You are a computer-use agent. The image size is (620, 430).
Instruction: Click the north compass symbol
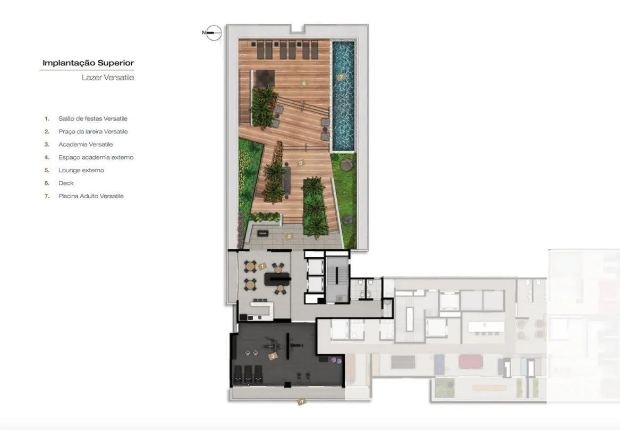[x=213, y=33]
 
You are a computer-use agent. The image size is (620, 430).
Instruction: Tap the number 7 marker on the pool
[x=341, y=77]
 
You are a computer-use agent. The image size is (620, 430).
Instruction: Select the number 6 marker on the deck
[x=304, y=83]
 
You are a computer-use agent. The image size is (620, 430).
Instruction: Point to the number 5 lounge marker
[x=301, y=163]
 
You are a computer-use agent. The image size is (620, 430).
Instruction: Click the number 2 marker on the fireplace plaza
[x=289, y=237]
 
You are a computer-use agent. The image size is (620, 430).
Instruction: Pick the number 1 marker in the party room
[x=261, y=267]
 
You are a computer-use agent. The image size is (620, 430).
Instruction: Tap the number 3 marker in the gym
[x=273, y=356]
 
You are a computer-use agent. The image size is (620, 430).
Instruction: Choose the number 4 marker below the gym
[x=301, y=401]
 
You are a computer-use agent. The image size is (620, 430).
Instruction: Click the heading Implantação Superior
[x=88, y=63]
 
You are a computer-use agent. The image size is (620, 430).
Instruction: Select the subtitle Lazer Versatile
[x=108, y=78]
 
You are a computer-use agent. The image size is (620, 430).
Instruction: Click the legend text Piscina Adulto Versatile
[x=91, y=196]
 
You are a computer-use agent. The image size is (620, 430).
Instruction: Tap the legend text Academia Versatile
[x=86, y=145]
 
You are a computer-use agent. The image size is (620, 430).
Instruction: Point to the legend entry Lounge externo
[x=81, y=170]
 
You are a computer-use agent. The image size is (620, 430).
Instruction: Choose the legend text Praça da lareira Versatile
[x=93, y=131]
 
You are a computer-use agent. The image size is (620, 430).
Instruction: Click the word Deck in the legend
[x=66, y=183]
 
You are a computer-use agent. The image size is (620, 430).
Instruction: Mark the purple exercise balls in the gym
[x=336, y=360]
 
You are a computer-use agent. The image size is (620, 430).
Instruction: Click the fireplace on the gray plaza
[x=263, y=233]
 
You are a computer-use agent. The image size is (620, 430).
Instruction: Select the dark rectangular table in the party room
[x=277, y=279]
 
